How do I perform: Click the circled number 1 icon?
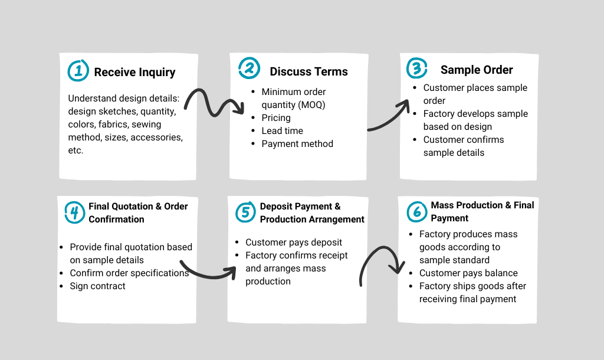point(78,71)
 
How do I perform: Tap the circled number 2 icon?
point(249,68)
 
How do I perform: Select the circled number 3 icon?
point(417,68)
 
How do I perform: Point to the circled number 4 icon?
point(75,212)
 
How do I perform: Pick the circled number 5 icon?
point(245,212)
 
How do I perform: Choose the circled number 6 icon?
point(417,212)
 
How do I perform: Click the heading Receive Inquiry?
point(134,72)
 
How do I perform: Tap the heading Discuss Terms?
point(308,71)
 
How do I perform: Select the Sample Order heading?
point(477,70)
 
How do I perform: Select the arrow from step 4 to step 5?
point(208,274)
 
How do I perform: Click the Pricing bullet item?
point(276,118)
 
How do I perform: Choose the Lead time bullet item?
point(282,131)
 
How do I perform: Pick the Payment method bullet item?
point(297,144)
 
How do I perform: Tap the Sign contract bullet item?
point(97,286)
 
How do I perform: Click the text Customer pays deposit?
point(294,243)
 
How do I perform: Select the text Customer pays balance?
point(468,273)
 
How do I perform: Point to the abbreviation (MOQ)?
point(312,105)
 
